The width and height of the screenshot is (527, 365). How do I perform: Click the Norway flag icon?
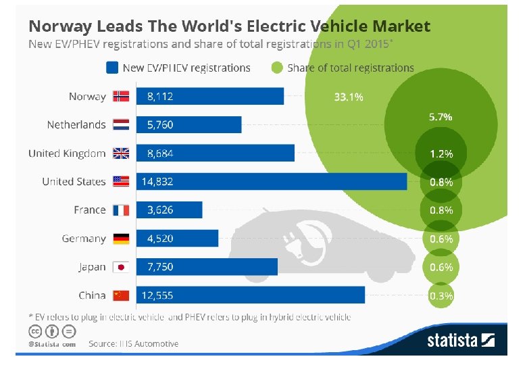point(121,96)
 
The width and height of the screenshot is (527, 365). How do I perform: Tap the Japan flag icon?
point(121,267)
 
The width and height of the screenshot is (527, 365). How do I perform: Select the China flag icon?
point(121,295)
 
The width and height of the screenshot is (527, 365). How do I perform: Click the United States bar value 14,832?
point(160,182)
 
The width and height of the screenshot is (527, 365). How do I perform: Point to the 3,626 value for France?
point(160,210)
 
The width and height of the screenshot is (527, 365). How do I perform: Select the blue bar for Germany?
point(177,239)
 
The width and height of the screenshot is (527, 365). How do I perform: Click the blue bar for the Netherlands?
point(189,125)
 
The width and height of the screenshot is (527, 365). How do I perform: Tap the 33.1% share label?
point(349,97)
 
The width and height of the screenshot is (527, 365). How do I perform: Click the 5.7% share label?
point(441,117)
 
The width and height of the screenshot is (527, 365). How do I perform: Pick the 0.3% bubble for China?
point(441,295)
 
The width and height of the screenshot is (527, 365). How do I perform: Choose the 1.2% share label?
point(441,153)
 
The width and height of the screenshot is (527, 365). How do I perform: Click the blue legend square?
point(112,68)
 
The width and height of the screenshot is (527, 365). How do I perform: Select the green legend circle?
point(276,68)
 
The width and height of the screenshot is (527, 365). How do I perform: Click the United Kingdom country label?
point(67,153)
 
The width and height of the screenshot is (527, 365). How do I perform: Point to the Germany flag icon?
point(121,239)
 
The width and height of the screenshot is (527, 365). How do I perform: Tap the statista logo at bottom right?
point(461,340)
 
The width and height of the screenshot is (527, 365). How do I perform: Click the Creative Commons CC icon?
point(34,331)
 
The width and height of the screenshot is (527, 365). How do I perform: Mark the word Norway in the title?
point(58,26)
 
